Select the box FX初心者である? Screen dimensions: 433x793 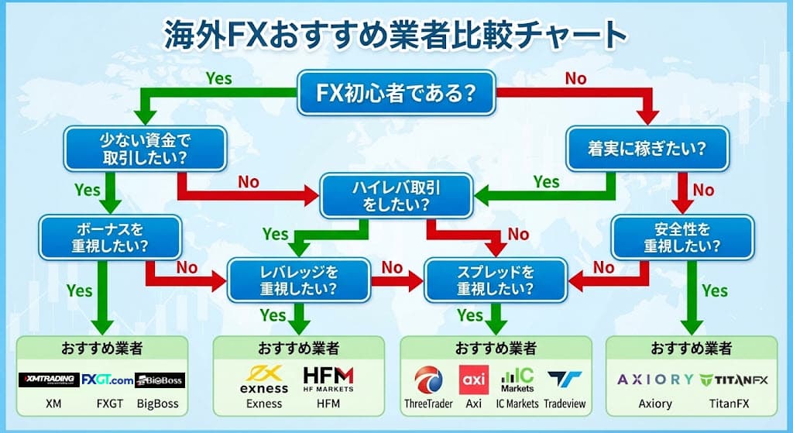click(x=396, y=95)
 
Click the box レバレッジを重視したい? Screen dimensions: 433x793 click(x=298, y=280)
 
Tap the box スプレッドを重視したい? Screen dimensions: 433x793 click(x=496, y=280)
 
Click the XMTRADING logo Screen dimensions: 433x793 click(x=49, y=380)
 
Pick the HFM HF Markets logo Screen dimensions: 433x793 click(x=328, y=379)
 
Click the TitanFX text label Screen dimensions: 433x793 click(x=728, y=404)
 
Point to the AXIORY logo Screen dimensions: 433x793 click(x=655, y=380)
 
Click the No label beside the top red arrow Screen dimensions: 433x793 click(x=575, y=78)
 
